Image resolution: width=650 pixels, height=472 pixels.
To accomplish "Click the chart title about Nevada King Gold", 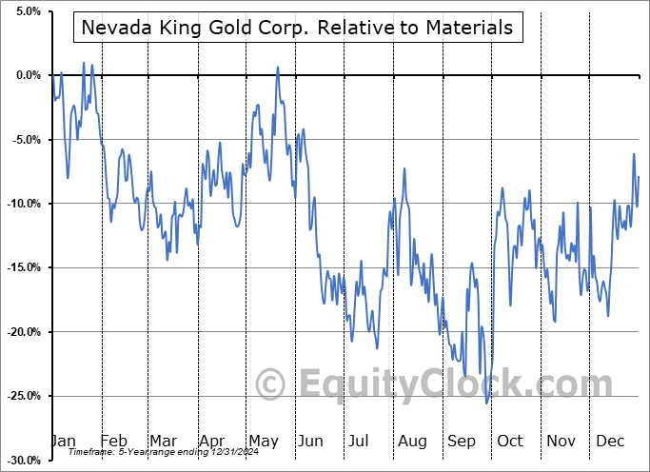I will click(x=297, y=29).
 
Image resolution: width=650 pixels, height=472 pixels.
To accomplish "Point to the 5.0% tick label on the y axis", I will click(x=25, y=11).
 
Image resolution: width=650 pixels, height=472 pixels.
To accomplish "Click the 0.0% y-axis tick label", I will click(x=25, y=75).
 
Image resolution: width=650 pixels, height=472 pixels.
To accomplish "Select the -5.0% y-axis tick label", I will click(x=23, y=140).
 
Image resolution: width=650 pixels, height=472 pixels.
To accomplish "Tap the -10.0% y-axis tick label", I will click(x=21, y=204).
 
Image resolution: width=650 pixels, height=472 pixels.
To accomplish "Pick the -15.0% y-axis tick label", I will click(x=21, y=267).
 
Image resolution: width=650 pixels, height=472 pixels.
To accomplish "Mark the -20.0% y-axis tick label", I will click(x=21, y=332).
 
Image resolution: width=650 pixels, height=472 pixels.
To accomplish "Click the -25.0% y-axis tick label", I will click(x=21, y=396).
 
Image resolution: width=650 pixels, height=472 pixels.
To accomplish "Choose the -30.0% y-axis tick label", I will click(x=21, y=461).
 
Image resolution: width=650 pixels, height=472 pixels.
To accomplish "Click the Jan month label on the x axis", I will click(x=63, y=442).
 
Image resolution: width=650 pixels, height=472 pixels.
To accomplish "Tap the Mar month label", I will click(x=163, y=442).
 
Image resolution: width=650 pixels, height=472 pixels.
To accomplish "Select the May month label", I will click(x=264, y=442).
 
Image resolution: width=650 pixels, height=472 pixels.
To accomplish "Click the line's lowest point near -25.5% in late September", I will click(x=487, y=403).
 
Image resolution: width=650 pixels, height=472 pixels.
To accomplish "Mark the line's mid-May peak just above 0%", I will click(x=278, y=68).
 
